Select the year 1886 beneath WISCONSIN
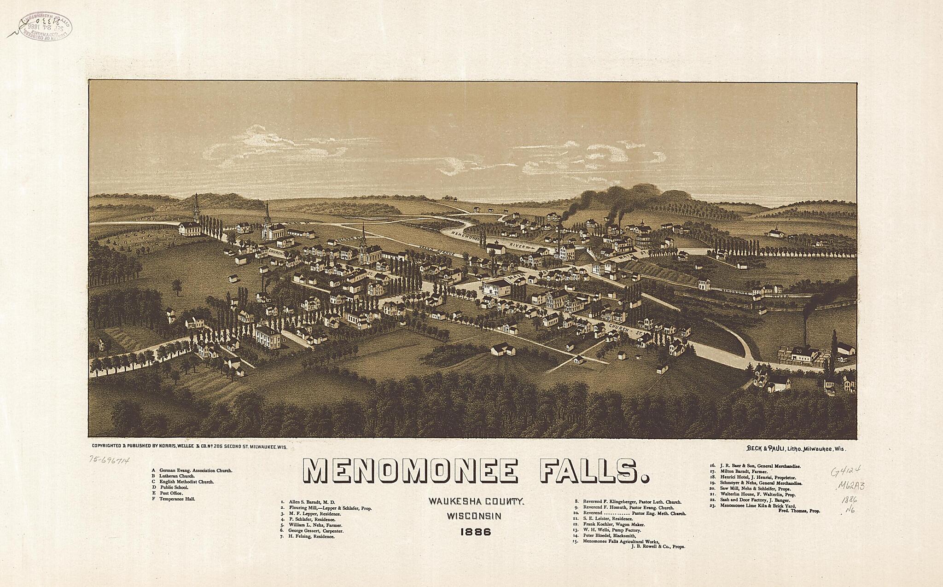476,532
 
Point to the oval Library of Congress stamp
45,27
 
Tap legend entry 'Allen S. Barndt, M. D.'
309,502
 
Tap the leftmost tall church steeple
196,209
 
